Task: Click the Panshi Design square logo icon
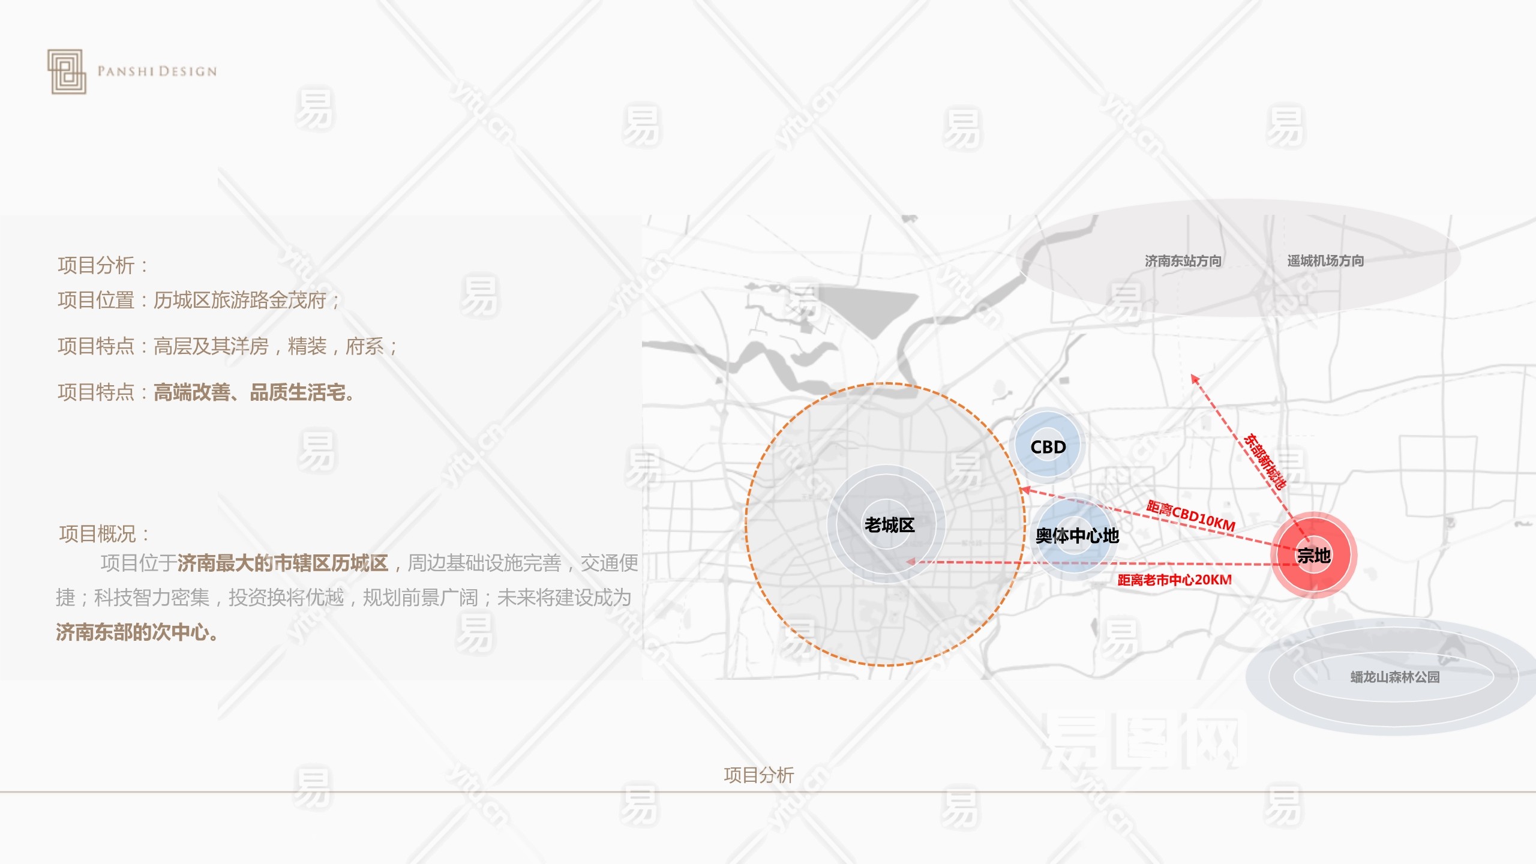click(x=67, y=71)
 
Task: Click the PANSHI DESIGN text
click(x=157, y=71)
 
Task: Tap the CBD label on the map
click(x=1048, y=447)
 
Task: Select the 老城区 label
click(x=889, y=525)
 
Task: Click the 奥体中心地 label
click(x=1077, y=535)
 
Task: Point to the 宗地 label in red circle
click(x=1313, y=556)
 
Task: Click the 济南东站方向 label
click(x=1183, y=261)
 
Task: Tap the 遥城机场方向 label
click(x=1325, y=261)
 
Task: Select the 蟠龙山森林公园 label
click(x=1395, y=677)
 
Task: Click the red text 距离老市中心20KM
click(x=1174, y=580)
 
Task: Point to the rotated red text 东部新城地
click(x=1265, y=461)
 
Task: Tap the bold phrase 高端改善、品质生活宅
click(x=253, y=392)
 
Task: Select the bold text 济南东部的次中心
click(x=137, y=632)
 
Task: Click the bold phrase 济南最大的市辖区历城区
click(x=283, y=563)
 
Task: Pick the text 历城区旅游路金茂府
click(x=240, y=300)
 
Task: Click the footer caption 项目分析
click(x=758, y=775)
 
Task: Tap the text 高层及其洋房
click(x=211, y=346)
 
